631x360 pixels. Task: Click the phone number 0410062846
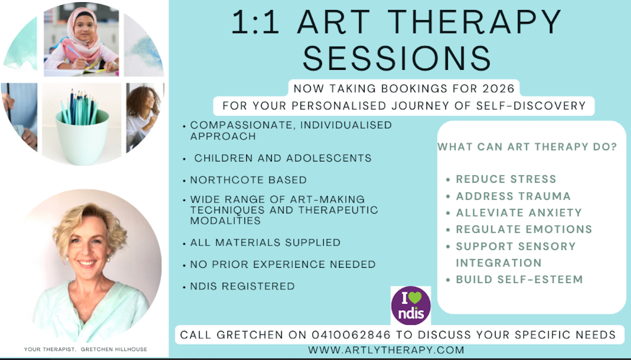click(351, 335)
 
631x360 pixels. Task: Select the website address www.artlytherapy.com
click(387, 350)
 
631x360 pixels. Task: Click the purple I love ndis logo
click(411, 306)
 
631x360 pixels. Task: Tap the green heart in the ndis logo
click(415, 297)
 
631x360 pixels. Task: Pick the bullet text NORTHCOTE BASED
click(248, 180)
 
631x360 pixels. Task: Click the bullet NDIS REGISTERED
click(242, 286)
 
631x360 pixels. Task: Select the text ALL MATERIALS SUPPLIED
click(265, 243)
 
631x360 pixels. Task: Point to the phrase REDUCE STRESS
click(506, 179)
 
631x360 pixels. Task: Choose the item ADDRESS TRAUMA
click(513, 196)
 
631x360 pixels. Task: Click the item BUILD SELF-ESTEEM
click(519, 279)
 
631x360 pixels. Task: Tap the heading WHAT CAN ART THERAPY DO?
click(527, 147)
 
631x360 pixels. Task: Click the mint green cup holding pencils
click(82, 137)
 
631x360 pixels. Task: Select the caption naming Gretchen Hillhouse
click(86, 349)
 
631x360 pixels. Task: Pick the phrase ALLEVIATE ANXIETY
click(519, 212)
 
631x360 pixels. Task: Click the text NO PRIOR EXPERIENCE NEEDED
click(283, 264)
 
